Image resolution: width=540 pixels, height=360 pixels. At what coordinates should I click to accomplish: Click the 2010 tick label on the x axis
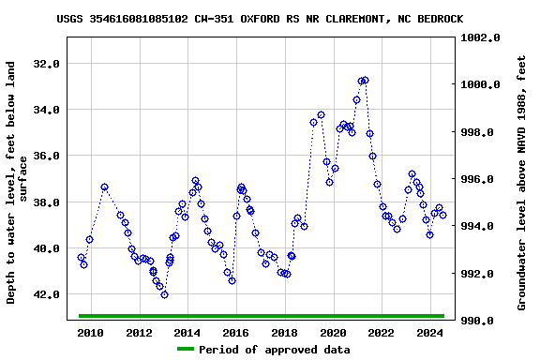pos(90,333)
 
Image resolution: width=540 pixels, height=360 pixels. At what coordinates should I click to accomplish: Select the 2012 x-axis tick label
pos(139,333)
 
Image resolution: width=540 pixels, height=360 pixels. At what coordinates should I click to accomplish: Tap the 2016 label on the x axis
pos(235,333)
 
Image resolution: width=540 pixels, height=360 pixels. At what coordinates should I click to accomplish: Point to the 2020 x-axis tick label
pos(333,333)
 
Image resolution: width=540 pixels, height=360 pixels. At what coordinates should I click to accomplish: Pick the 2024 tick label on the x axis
pos(429,333)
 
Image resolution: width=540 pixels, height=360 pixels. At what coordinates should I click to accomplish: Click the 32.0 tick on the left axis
pos(46,64)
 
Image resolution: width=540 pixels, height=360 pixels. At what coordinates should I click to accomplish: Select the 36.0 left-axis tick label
pos(46,156)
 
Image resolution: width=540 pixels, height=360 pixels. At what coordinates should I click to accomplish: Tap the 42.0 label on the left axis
pos(46,294)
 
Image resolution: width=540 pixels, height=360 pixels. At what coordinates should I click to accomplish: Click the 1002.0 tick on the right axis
pos(481,37)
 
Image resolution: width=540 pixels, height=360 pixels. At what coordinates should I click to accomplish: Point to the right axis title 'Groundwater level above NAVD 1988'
pos(522,183)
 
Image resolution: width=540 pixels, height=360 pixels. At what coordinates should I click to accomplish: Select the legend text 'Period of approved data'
pos(274,350)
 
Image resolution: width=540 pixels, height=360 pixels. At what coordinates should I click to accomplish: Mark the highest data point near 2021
pos(364,81)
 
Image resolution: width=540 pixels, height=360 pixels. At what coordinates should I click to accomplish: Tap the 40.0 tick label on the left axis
pos(46,248)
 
